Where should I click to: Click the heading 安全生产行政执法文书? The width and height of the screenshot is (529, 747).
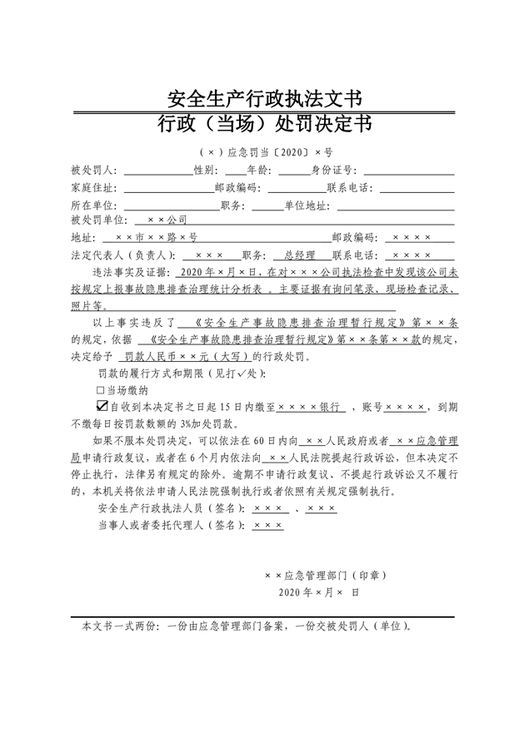pos(264,100)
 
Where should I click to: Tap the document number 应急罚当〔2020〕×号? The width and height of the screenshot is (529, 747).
pos(272,153)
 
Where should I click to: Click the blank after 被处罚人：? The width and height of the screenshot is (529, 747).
pos(157,171)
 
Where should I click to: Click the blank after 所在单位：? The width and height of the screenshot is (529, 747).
pos(171,204)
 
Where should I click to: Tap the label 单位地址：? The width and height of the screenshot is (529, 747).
pos(308,204)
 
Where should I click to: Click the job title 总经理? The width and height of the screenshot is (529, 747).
pos(299,255)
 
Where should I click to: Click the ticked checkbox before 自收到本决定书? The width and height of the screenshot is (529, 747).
pos(102,406)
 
